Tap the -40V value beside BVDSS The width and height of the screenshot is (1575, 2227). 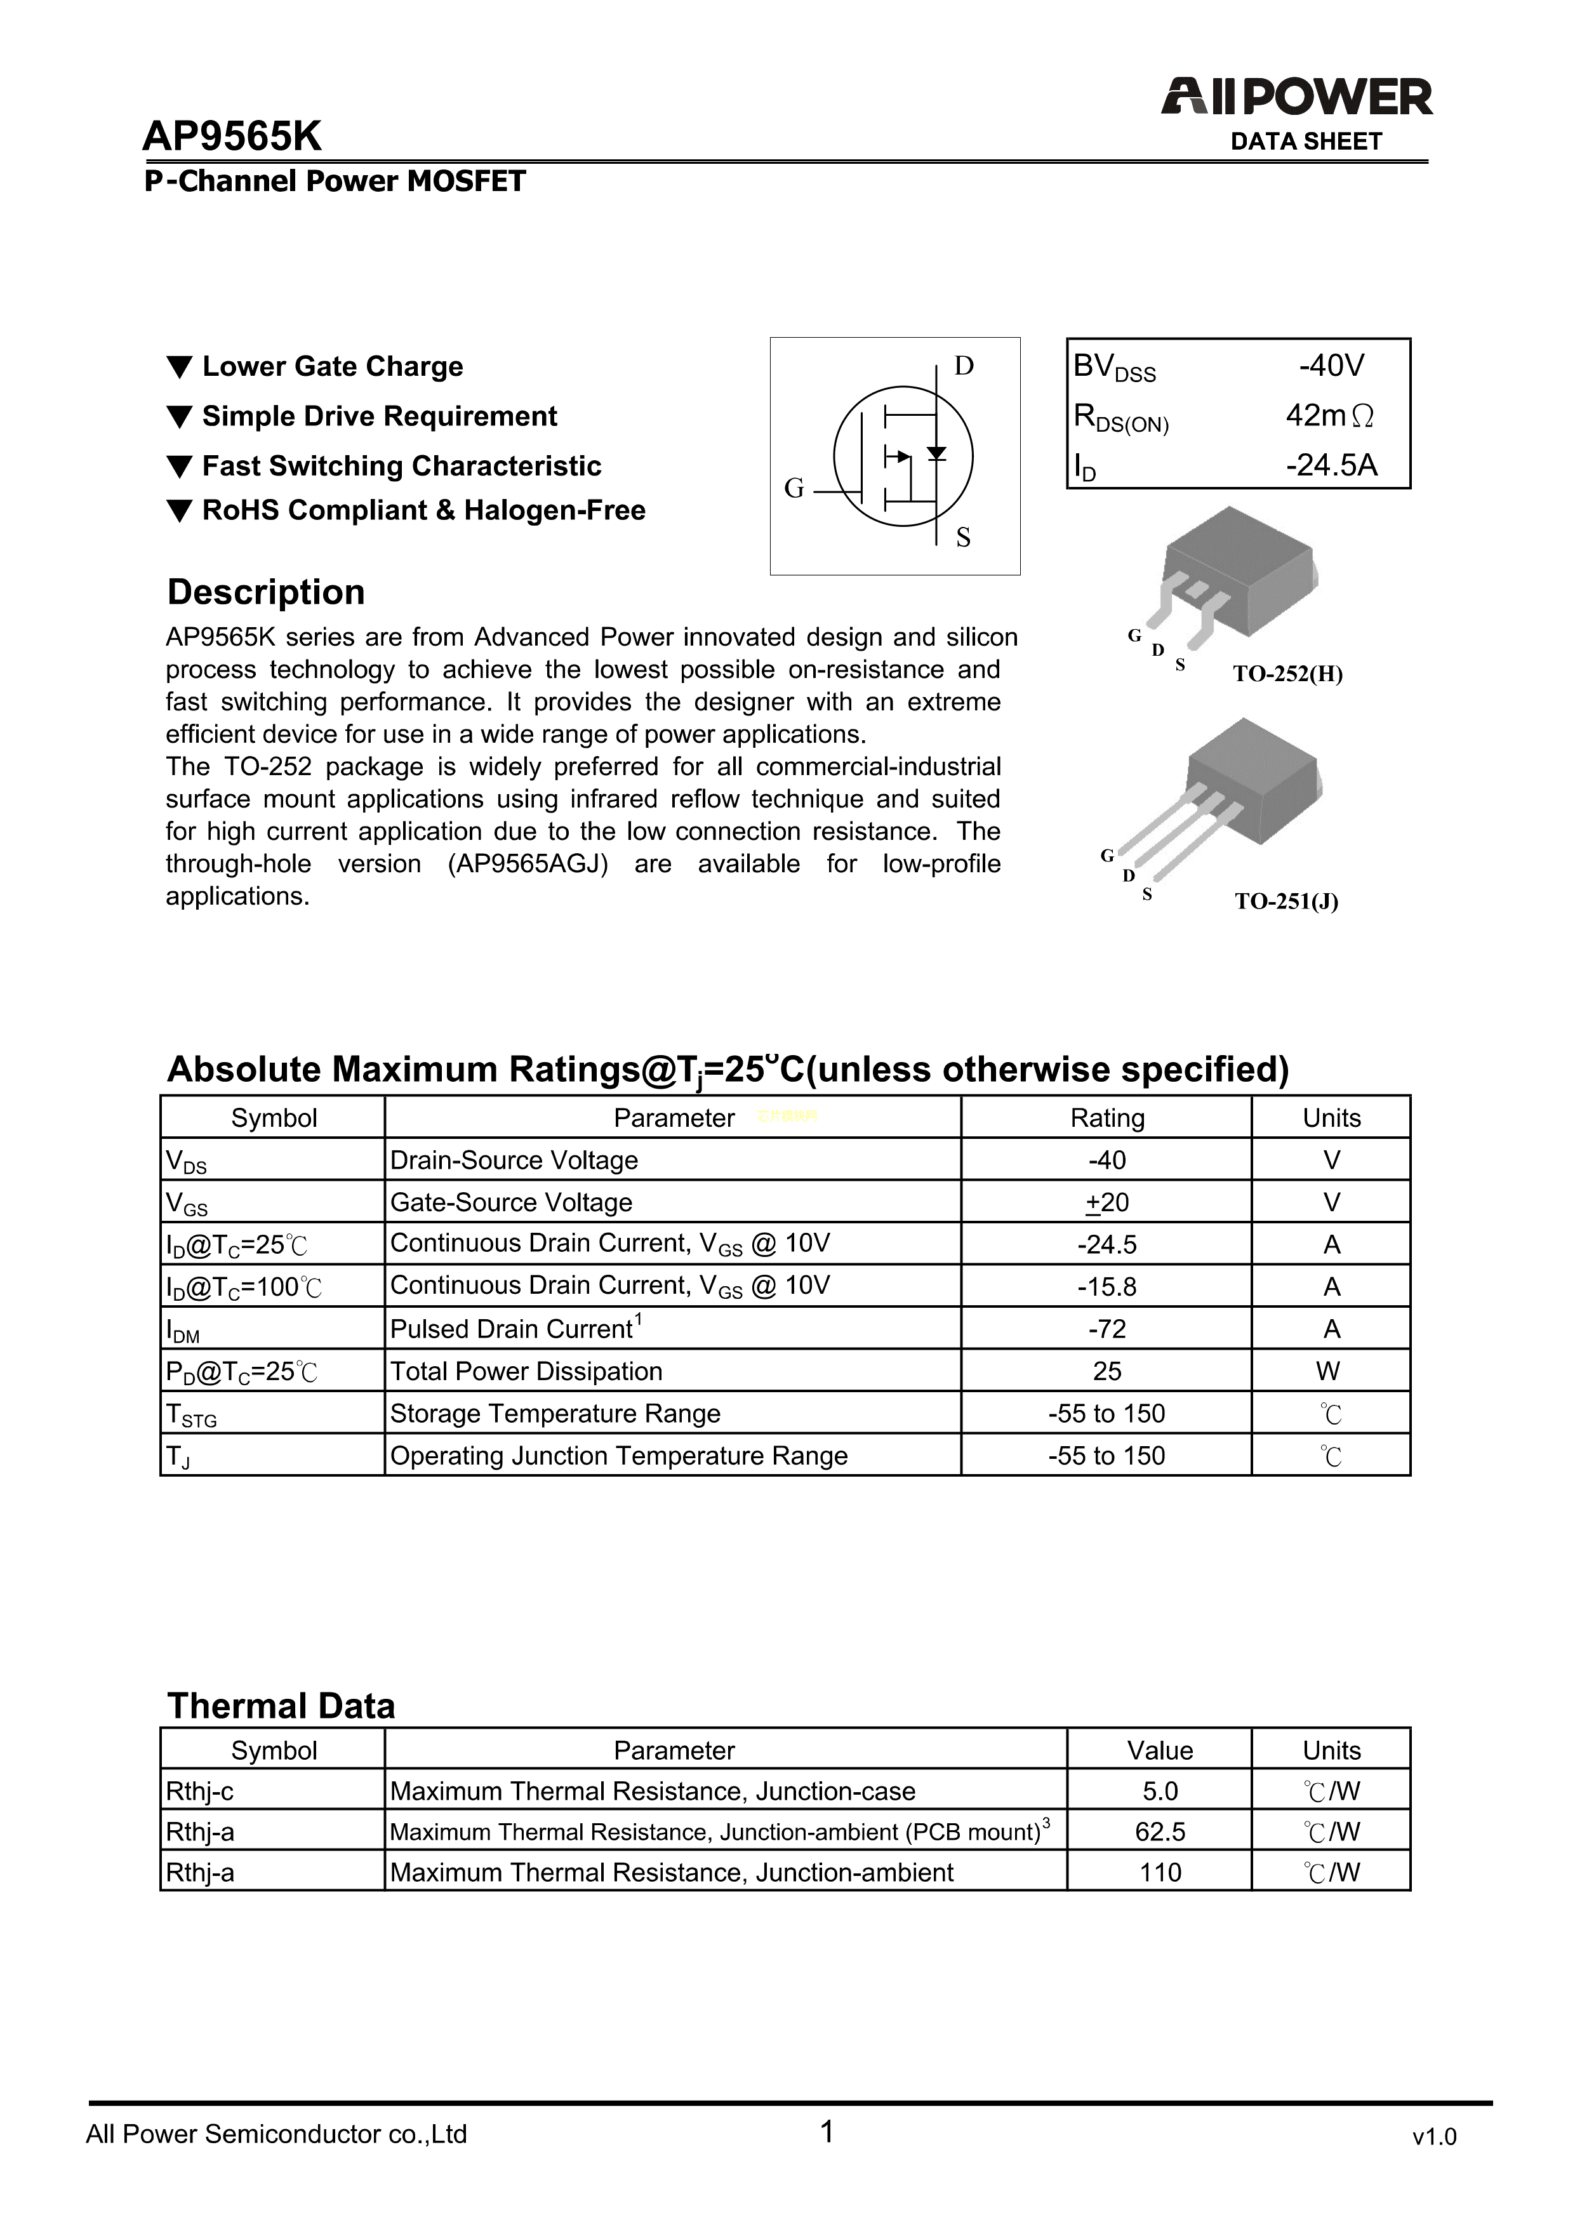tap(1332, 366)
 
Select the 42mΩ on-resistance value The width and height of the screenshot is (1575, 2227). tap(1329, 416)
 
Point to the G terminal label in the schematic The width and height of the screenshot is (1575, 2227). tap(794, 489)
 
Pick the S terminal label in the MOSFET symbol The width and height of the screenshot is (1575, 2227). tap(963, 537)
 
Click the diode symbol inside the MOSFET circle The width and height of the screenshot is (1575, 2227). tap(936, 453)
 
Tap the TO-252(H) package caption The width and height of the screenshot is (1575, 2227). tap(1287, 674)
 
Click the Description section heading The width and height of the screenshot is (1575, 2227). tap(266, 592)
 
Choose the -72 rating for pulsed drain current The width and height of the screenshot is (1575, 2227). tap(1106, 1329)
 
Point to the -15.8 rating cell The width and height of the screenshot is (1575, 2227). tap(1106, 1287)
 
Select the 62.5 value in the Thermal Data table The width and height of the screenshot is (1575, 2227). tap(1160, 1832)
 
